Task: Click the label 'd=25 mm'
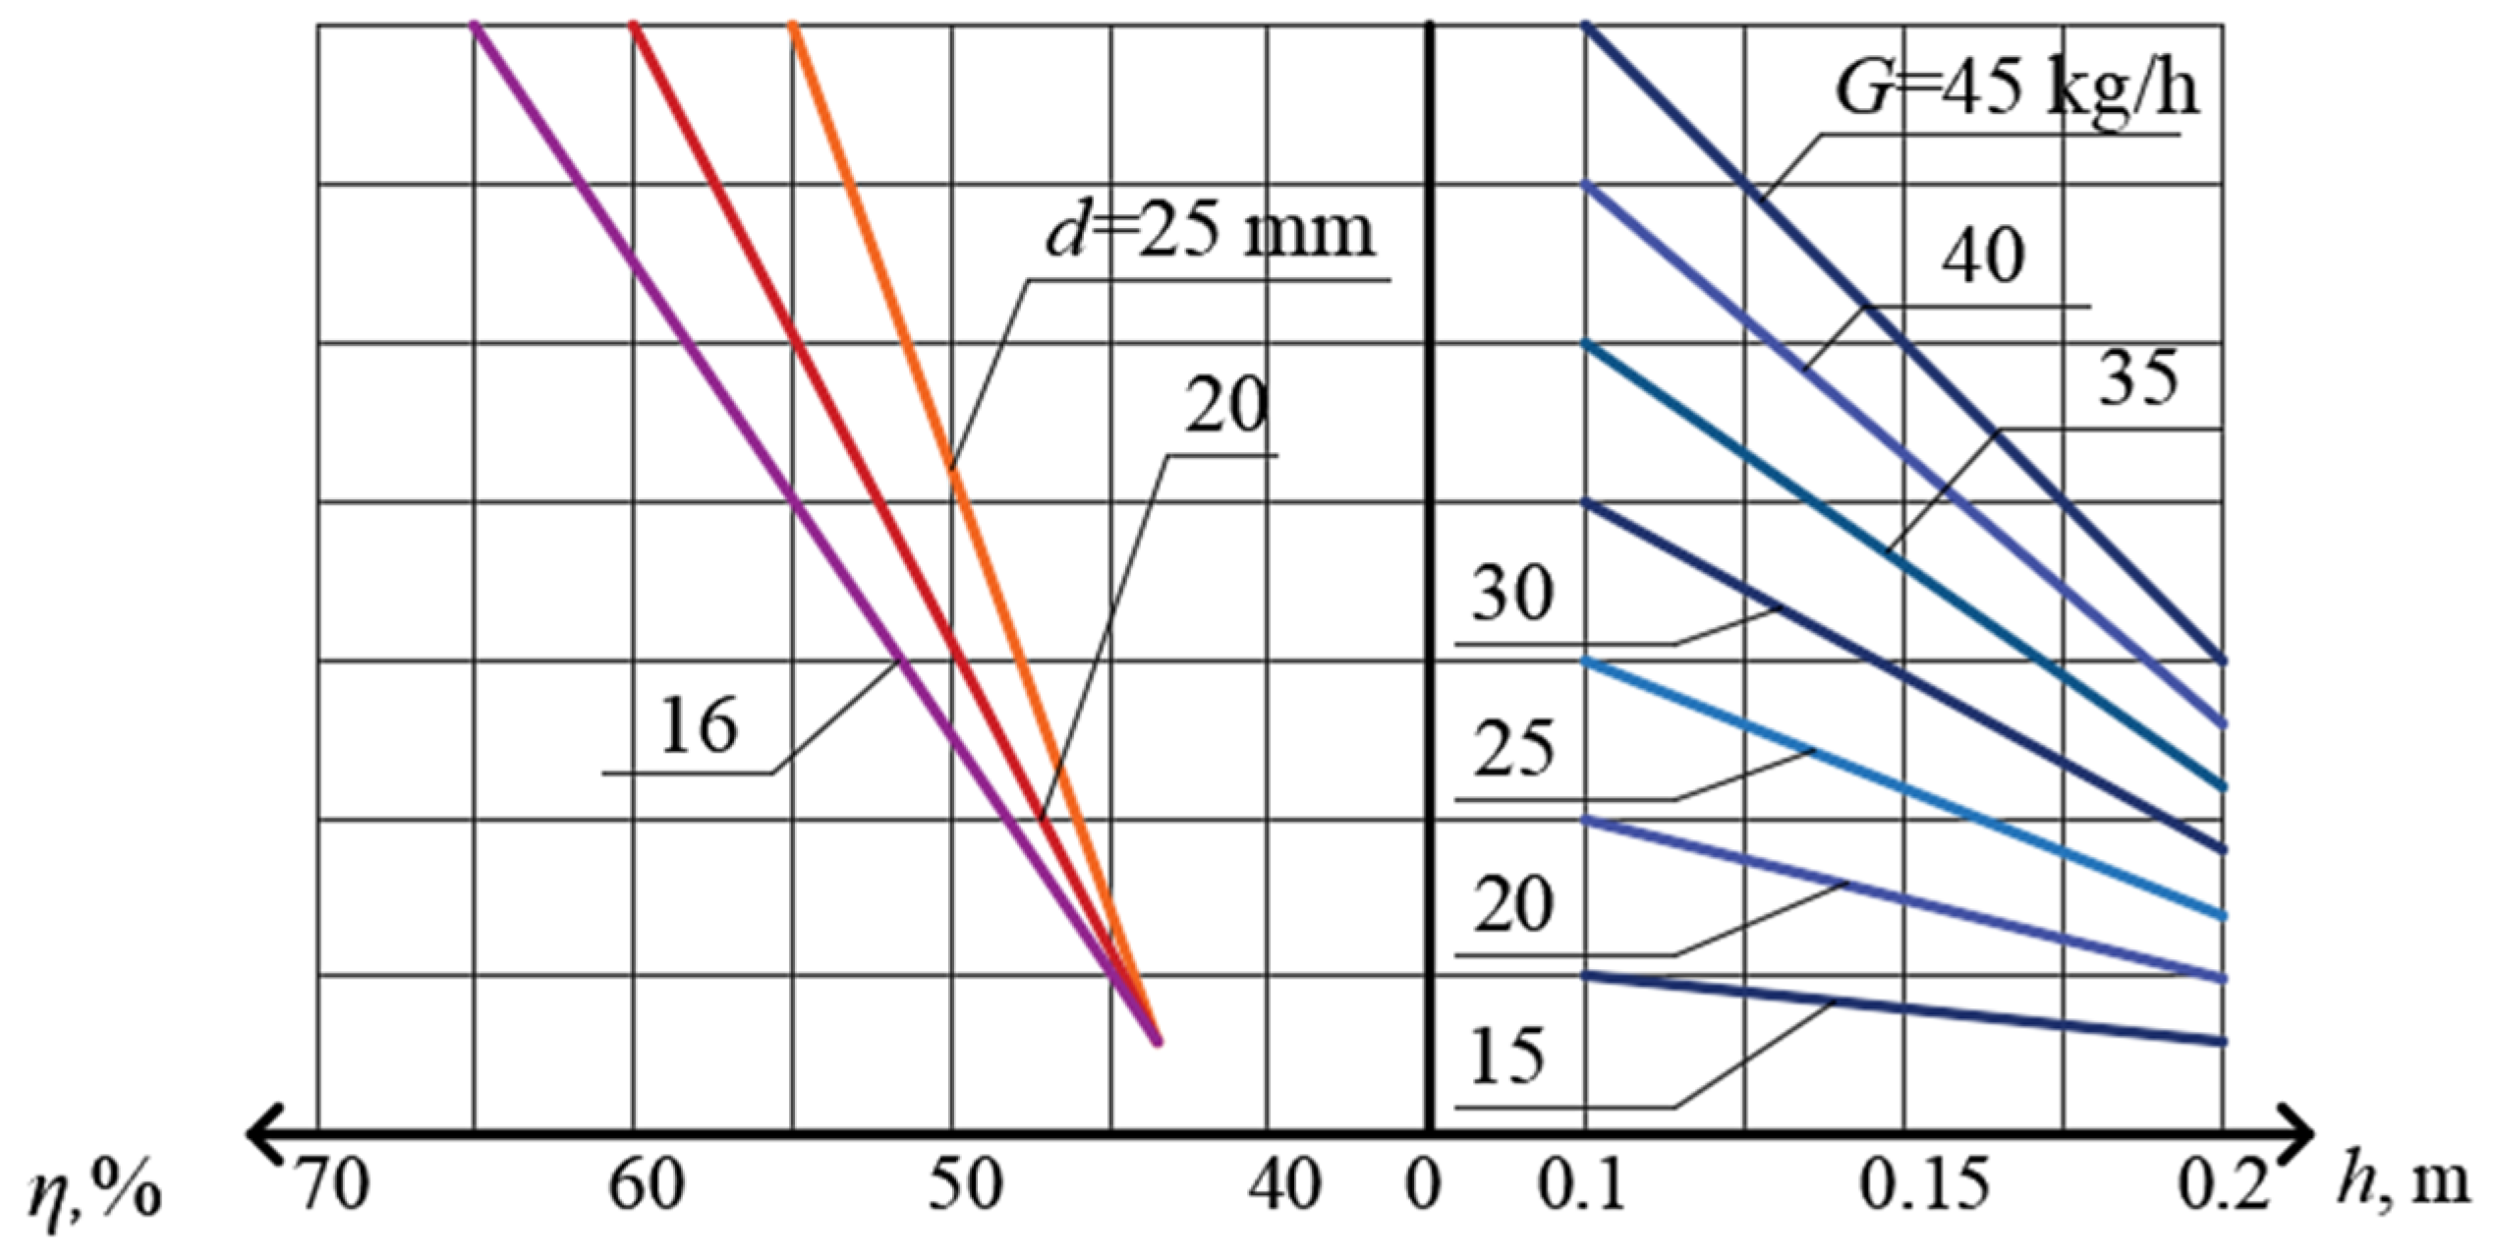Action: [x=1210, y=234]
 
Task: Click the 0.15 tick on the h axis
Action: [x=1923, y=1185]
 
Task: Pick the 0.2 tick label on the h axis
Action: [x=2224, y=1185]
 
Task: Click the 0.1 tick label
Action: [x=1581, y=1185]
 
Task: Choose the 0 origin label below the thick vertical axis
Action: [x=1422, y=1185]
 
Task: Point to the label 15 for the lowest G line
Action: [x=1507, y=1057]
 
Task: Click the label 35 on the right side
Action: [x=2137, y=379]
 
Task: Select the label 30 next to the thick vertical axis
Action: [x=1512, y=594]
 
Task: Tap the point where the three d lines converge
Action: [x=1158, y=1041]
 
